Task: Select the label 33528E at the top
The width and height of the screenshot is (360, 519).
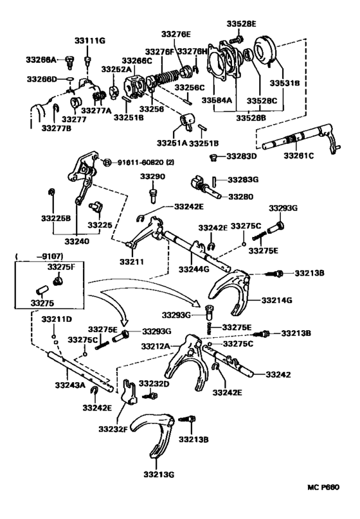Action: (241, 24)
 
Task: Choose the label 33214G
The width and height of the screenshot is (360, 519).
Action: (277, 299)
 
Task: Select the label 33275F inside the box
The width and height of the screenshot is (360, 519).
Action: (60, 265)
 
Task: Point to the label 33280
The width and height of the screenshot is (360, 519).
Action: (242, 196)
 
